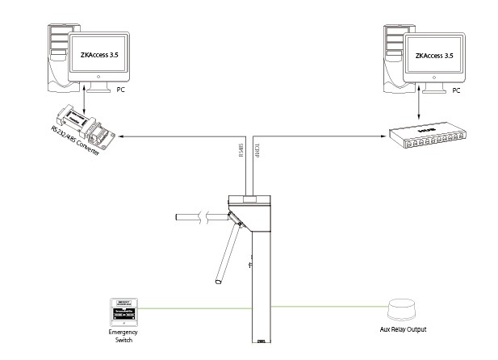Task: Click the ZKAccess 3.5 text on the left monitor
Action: tap(99, 56)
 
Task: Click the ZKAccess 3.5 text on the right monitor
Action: tap(434, 56)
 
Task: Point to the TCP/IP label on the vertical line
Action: tap(257, 152)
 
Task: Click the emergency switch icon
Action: tap(125, 308)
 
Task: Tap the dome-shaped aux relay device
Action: tap(403, 311)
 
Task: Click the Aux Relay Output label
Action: tap(403, 330)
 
